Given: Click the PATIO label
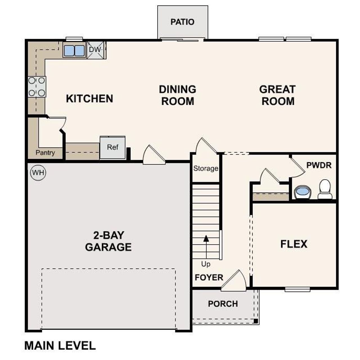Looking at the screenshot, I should (182, 22).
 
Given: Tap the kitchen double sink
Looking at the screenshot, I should (74, 51).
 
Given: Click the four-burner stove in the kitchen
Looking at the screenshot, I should (37, 87).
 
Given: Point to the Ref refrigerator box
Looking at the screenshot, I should (112, 148).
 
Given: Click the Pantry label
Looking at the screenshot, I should (45, 153).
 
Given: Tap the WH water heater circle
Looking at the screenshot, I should (38, 172).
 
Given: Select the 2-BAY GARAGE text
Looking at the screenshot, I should (108, 241).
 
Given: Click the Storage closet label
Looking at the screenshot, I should (206, 168).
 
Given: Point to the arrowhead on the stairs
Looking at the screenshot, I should (206, 238).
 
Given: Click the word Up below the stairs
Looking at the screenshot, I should (206, 264).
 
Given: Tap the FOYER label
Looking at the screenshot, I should (209, 278).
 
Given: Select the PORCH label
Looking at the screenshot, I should (223, 304).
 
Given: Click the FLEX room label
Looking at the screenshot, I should (294, 244).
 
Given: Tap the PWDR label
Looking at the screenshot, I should (319, 165).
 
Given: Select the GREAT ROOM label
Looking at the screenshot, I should (277, 95).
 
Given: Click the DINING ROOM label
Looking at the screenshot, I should (177, 95).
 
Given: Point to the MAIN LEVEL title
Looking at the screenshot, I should (60, 346).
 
